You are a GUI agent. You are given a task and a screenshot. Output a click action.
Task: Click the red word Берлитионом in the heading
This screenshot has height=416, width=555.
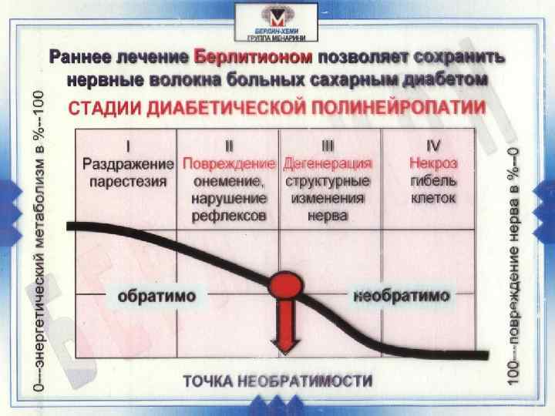point(254,59)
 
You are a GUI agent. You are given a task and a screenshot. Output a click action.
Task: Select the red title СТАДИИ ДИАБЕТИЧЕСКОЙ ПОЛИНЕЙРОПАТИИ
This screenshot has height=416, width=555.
point(278,108)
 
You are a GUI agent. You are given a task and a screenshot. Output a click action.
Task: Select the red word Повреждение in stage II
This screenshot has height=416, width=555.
point(228,164)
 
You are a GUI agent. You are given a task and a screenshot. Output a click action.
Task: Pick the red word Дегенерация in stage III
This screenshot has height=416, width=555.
point(328,164)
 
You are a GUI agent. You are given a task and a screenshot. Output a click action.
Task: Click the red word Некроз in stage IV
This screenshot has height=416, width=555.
point(433,164)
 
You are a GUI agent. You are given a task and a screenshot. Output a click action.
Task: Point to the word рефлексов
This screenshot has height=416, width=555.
point(228,216)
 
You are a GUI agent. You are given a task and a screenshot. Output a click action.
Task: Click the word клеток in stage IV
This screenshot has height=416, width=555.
point(433,199)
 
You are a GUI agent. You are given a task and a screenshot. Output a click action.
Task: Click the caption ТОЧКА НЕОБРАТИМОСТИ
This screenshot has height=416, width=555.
point(277,381)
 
